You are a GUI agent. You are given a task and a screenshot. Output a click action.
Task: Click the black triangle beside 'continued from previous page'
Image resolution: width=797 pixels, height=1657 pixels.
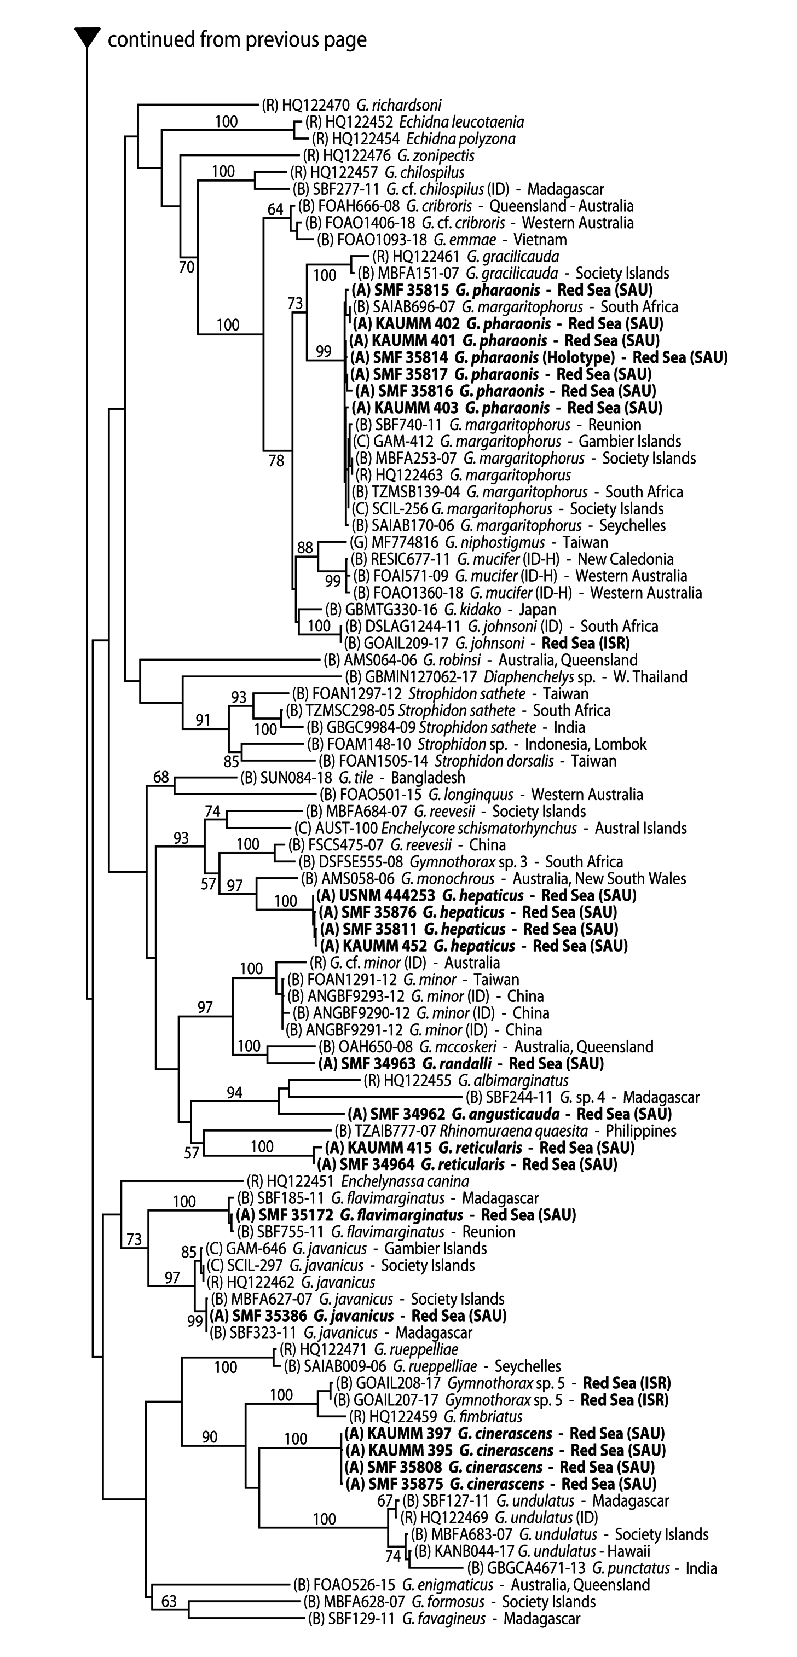[87, 38]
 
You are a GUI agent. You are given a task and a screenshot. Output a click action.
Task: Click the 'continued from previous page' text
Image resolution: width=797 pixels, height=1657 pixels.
[236, 40]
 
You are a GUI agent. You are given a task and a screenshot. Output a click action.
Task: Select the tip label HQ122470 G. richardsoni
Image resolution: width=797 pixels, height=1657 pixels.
[352, 105]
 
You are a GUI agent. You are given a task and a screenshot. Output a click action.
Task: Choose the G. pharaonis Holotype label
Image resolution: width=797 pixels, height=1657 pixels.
[539, 358]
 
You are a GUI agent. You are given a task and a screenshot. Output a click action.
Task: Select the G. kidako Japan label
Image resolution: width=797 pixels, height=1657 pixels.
[441, 609]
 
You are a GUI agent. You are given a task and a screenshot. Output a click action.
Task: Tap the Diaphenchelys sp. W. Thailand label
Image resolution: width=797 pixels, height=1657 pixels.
[516, 677]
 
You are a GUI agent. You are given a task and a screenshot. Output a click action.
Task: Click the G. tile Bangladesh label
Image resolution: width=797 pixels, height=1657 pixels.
[353, 778]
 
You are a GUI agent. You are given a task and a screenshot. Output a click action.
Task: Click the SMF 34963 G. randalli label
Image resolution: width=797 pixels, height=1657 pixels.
[460, 1064]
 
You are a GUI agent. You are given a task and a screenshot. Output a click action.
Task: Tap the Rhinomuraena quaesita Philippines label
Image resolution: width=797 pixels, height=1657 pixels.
[505, 1131]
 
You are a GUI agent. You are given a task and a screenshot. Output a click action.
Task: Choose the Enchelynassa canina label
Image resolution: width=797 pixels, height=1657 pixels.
[357, 1181]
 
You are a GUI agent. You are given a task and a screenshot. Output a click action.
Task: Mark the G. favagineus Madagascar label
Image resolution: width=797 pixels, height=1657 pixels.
[444, 1618]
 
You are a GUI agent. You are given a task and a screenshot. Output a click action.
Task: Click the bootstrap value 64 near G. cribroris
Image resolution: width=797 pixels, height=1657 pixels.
[275, 209]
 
